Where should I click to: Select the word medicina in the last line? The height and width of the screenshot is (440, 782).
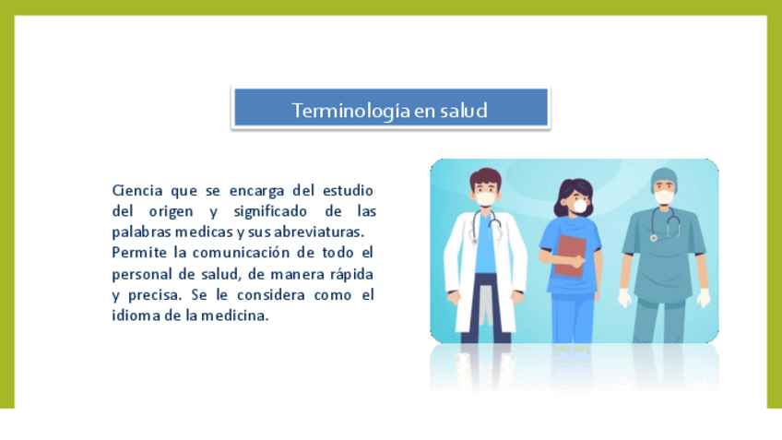234,315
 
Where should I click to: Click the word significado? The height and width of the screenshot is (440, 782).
270,211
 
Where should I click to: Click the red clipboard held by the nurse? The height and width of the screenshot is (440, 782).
570,256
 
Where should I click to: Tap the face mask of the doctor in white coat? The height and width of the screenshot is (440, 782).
485,198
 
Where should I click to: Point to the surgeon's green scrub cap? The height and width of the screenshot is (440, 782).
664,178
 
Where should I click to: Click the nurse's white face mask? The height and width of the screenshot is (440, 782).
580,206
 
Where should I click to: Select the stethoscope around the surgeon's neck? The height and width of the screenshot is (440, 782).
666,223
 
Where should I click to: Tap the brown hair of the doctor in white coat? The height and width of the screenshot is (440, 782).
485,177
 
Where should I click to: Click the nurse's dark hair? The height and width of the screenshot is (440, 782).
574,195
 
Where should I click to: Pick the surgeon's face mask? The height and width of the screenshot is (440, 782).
664,197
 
